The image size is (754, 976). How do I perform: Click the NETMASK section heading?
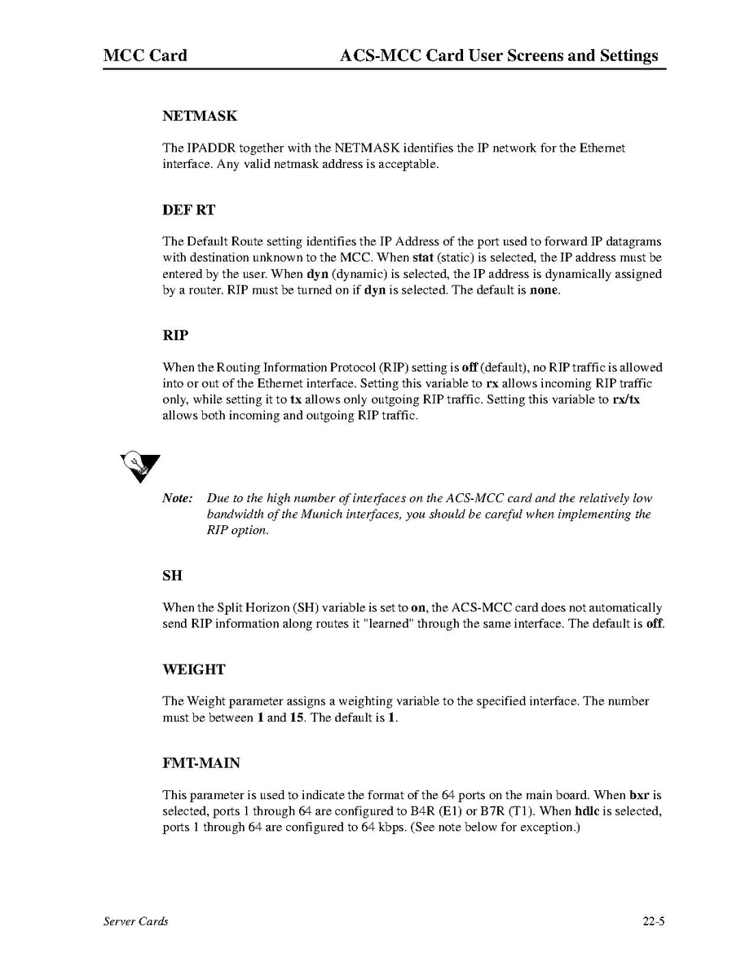pos(200,117)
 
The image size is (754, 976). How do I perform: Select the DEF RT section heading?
pos(189,210)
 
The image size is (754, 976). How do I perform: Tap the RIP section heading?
pos(175,335)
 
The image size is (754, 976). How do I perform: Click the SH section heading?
pos(172,576)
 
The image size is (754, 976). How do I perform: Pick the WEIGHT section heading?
pos(194,669)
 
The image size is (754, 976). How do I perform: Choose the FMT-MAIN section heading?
pos(201,763)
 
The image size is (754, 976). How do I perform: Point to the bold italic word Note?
pos(178,498)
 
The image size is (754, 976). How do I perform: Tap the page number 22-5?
pos(654,922)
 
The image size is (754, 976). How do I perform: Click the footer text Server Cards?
pos(136,922)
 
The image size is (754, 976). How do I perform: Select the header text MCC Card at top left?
pos(145,56)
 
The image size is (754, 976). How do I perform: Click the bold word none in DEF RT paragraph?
pos(544,289)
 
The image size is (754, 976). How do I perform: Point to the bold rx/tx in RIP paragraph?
pos(626,400)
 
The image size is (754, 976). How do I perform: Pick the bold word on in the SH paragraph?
pos(419,607)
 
